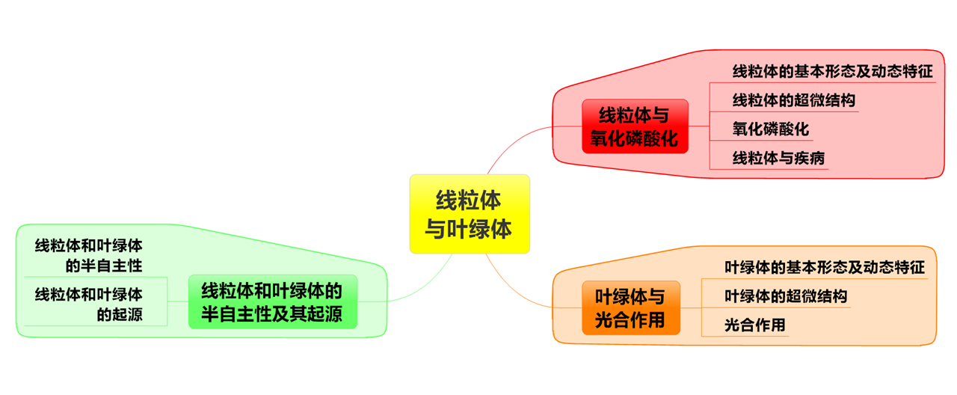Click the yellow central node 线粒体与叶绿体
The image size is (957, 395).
pyautogui.click(x=470, y=214)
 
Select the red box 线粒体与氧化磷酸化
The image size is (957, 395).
pyautogui.click(x=635, y=126)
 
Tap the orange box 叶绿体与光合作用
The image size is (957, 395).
pyautogui.click(x=631, y=307)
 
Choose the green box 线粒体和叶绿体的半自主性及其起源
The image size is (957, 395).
pyautogui.click(x=272, y=301)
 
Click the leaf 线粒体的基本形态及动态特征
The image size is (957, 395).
pyautogui.click(x=832, y=72)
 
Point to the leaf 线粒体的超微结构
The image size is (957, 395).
pyautogui.click(x=793, y=100)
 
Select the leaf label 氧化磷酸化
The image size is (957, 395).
pyautogui.click(x=770, y=129)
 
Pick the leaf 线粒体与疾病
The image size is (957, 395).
pyautogui.click(x=778, y=159)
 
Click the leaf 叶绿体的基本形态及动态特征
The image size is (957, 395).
pyautogui.click(x=825, y=267)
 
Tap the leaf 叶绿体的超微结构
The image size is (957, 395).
pyautogui.click(x=786, y=296)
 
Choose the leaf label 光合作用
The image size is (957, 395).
pyautogui.click(x=755, y=325)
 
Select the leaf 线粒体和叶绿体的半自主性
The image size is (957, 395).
pyautogui.click(x=89, y=255)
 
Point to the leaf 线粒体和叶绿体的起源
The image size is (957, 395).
pyautogui.click(x=89, y=304)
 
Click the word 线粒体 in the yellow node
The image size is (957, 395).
pyautogui.click(x=469, y=200)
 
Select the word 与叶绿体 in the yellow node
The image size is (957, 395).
pyautogui.click(x=469, y=228)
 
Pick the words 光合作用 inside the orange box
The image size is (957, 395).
pyautogui.click(x=630, y=319)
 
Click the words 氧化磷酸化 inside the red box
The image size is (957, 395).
pyautogui.click(x=634, y=138)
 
